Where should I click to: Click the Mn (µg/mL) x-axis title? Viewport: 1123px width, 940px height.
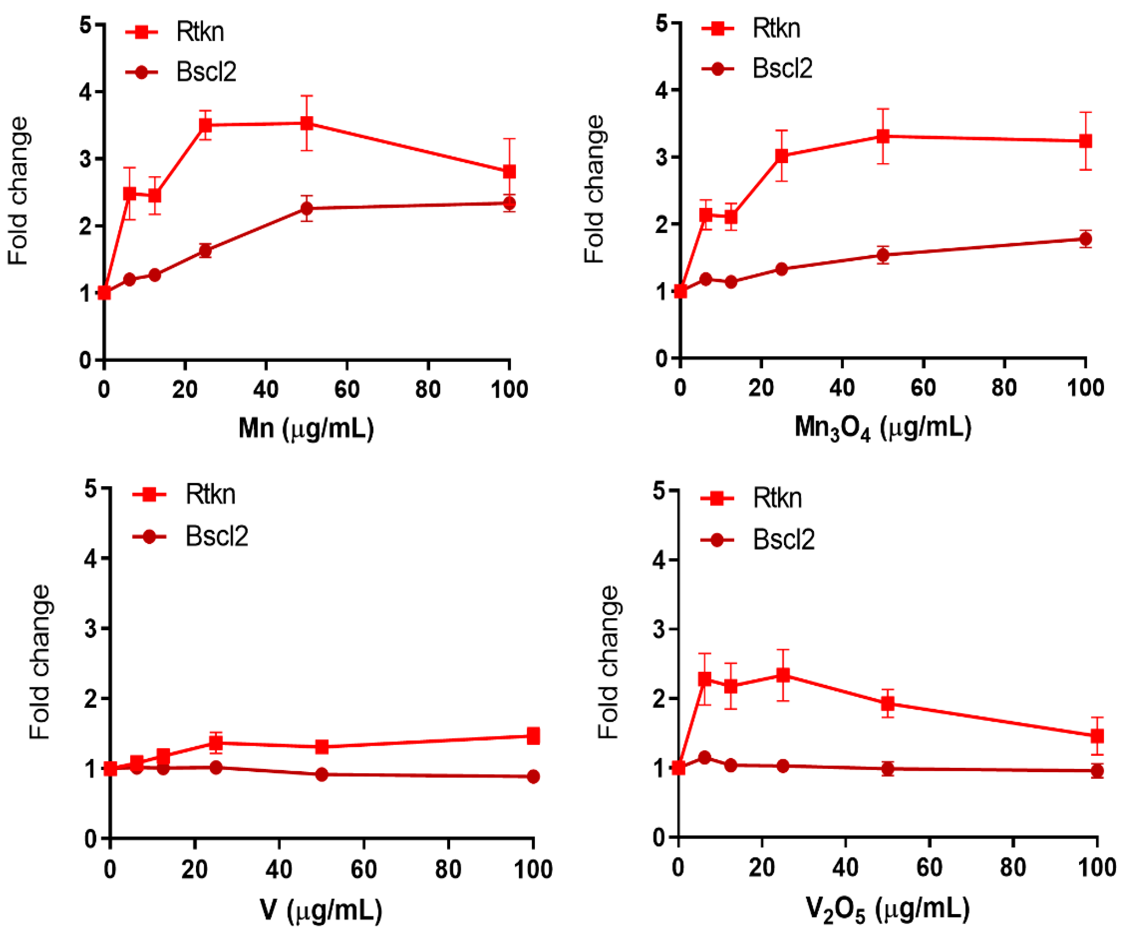[x=306, y=428]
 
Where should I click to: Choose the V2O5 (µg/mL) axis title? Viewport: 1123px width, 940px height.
[x=888, y=910]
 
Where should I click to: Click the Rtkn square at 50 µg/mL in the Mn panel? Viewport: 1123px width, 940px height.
[x=306, y=124]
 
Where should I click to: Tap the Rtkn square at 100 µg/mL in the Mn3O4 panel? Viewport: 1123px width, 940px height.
[x=1085, y=141]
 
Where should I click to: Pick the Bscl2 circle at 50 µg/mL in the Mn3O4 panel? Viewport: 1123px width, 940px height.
[x=883, y=255]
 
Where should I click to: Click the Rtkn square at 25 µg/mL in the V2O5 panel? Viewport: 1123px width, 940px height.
[x=783, y=675]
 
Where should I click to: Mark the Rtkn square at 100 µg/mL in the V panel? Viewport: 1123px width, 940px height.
[x=533, y=736]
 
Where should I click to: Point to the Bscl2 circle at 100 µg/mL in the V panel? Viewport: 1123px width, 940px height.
[x=533, y=776]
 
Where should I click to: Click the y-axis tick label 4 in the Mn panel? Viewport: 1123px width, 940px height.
[x=86, y=92]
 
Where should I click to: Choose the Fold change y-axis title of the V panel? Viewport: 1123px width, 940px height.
[x=40, y=663]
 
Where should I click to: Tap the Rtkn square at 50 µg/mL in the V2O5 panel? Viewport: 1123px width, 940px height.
[x=888, y=704]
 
